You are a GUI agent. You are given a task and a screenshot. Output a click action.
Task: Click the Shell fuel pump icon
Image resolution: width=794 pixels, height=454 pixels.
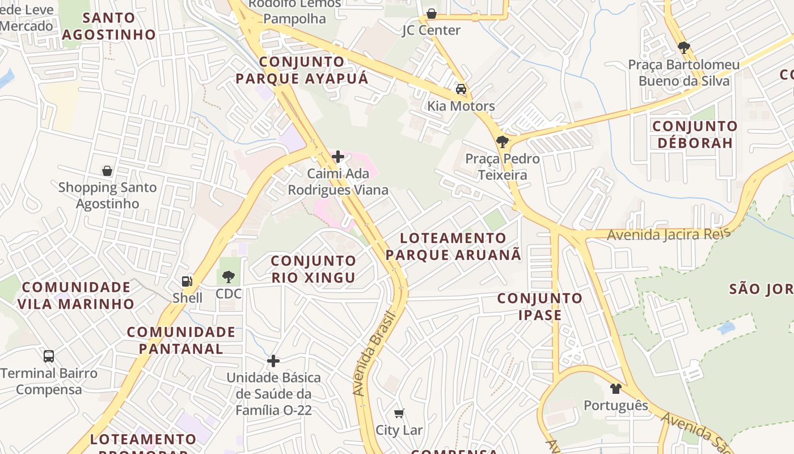click(187, 281)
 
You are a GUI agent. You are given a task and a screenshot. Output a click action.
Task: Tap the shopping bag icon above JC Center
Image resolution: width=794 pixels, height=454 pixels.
click(431, 14)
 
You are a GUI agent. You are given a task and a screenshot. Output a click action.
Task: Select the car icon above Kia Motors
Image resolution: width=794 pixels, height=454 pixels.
click(461, 89)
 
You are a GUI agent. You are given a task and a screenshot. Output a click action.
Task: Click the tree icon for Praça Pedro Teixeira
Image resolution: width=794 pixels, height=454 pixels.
click(501, 142)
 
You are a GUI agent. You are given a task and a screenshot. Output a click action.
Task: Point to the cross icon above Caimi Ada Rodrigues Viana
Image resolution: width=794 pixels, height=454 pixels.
click(338, 157)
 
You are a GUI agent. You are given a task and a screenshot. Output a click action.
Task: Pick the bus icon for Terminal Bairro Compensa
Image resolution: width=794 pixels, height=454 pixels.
click(49, 356)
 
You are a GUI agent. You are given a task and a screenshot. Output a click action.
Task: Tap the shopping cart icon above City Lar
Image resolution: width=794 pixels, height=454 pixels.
click(399, 414)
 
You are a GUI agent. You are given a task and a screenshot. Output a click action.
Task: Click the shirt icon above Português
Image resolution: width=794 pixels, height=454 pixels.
click(616, 389)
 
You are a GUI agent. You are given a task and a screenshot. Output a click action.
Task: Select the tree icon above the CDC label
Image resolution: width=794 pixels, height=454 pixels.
click(229, 277)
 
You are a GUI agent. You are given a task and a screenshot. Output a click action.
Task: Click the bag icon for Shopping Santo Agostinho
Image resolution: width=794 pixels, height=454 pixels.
click(107, 170)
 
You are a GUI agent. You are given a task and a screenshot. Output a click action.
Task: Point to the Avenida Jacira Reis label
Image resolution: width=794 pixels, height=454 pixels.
click(667, 234)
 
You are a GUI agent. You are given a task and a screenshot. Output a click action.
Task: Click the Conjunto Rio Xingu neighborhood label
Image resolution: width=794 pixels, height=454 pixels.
click(313, 269)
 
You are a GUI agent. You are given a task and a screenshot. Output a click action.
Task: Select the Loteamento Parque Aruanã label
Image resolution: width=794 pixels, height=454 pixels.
click(453, 246)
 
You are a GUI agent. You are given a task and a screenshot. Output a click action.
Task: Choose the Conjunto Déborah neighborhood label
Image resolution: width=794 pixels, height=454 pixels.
click(695, 134)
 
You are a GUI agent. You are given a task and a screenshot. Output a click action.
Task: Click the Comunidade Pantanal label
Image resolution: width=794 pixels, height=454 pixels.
click(181, 340)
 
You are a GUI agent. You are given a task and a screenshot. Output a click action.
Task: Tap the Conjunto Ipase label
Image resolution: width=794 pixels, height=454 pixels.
click(539, 306)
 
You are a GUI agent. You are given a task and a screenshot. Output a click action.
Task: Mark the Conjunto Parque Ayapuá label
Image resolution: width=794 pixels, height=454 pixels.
click(302, 70)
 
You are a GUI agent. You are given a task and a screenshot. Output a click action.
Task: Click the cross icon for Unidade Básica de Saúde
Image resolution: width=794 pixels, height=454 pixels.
click(273, 361)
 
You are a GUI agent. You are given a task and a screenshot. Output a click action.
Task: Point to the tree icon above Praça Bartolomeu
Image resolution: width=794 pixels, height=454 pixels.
click(683, 48)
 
